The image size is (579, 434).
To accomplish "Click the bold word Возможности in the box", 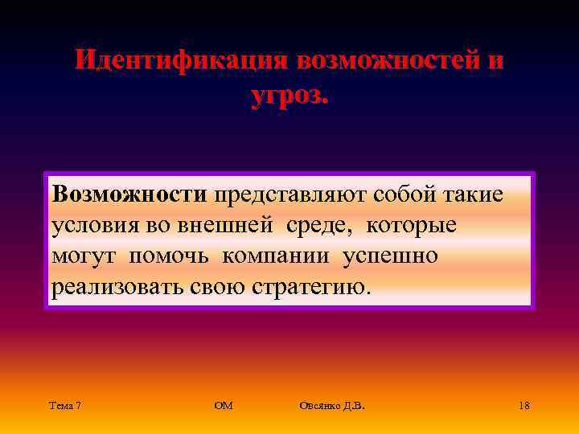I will pyautogui.click(x=129, y=194).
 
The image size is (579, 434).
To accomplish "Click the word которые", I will pyautogui.click(x=411, y=226).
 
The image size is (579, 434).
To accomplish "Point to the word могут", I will pyautogui.click(x=81, y=257).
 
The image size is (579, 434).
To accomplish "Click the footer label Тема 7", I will pyautogui.click(x=64, y=406).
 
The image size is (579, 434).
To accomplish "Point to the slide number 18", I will pyautogui.click(x=524, y=406).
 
